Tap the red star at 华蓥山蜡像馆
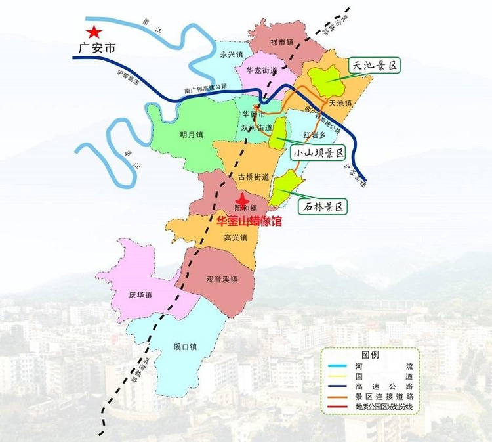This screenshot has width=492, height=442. (242, 200)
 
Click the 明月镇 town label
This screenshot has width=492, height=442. (191, 135)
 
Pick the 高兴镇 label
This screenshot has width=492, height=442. (235, 237)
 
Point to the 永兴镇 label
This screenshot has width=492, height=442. (232, 55)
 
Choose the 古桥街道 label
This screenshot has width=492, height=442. (253, 177)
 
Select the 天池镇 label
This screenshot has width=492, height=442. (340, 103)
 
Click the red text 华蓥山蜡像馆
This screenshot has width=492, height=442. (249, 222)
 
